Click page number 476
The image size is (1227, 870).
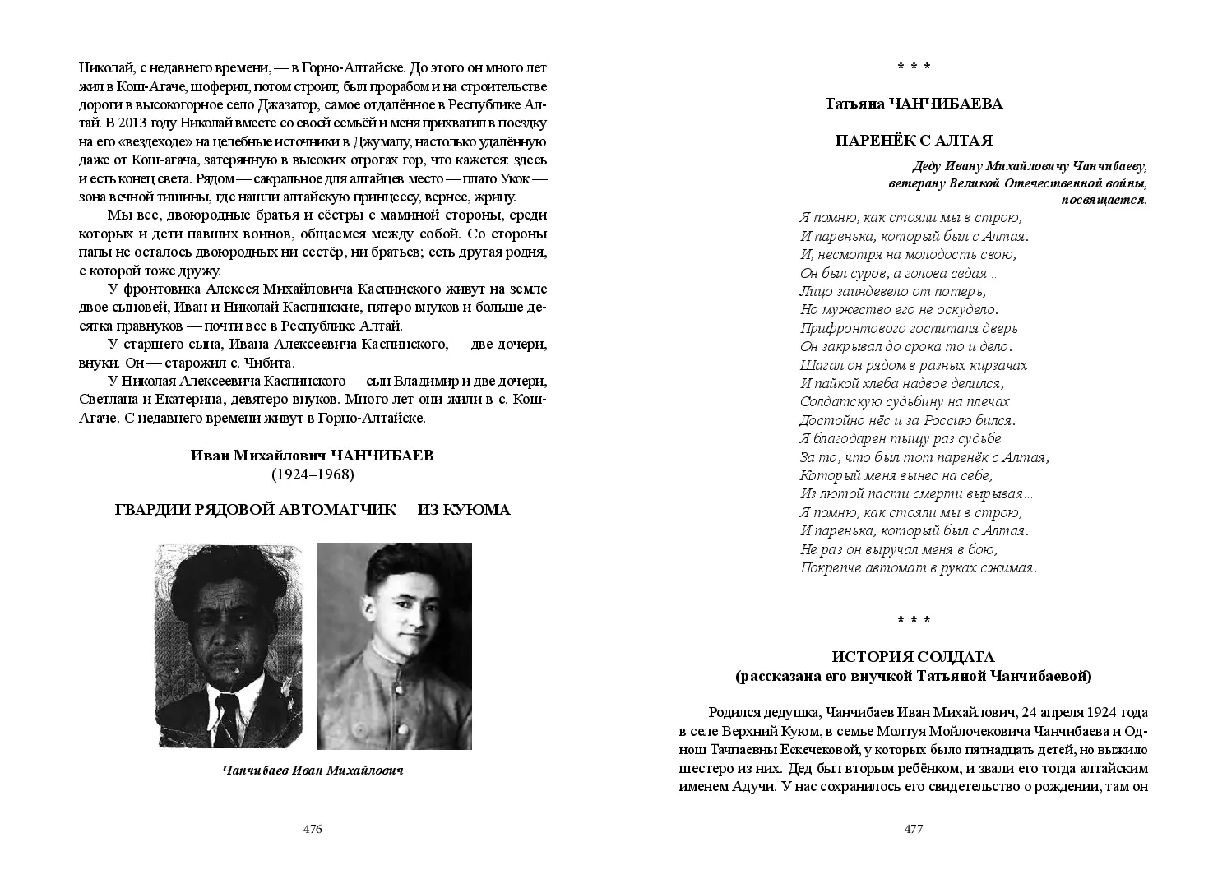(313, 829)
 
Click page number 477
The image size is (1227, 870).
(914, 829)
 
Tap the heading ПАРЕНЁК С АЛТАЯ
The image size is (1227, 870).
(914, 140)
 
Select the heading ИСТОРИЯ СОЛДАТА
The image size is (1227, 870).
(913, 657)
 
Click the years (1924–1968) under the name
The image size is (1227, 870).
(312, 474)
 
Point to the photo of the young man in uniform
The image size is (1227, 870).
(394, 646)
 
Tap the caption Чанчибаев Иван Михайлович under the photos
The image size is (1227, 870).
(313, 771)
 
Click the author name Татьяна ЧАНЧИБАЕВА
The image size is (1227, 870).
(914, 104)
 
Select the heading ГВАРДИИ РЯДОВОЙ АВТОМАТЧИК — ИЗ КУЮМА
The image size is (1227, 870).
(312, 511)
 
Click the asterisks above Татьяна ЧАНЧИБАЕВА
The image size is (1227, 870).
(914, 66)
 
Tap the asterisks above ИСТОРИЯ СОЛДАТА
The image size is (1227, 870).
(914, 620)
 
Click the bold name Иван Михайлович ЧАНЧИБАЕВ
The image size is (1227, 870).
(312, 456)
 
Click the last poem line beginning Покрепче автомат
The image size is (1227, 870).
(918, 567)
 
